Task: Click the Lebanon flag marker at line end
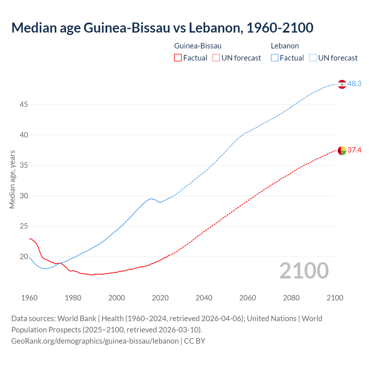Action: [342, 84]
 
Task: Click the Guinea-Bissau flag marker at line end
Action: [342, 150]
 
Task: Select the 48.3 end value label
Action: [354, 84]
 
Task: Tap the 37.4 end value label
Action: [354, 150]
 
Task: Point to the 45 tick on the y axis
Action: [24, 104]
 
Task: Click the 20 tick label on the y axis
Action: [24, 257]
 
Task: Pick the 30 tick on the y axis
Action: [24, 196]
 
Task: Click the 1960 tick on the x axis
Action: [29, 298]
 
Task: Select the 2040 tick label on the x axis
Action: [204, 298]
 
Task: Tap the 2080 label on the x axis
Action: [291, 298]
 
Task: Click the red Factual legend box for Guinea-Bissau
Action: [178, 58]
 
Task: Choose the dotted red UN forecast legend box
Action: [216, 58]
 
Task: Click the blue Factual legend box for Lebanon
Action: [275, 58]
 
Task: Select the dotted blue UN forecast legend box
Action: [313, 58]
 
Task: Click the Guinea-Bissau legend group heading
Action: [198, 46]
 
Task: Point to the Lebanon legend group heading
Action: [285, 46]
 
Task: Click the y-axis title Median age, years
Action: [12, 179]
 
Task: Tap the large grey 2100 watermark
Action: [304, 270]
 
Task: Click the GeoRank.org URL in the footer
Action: [95, 341]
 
